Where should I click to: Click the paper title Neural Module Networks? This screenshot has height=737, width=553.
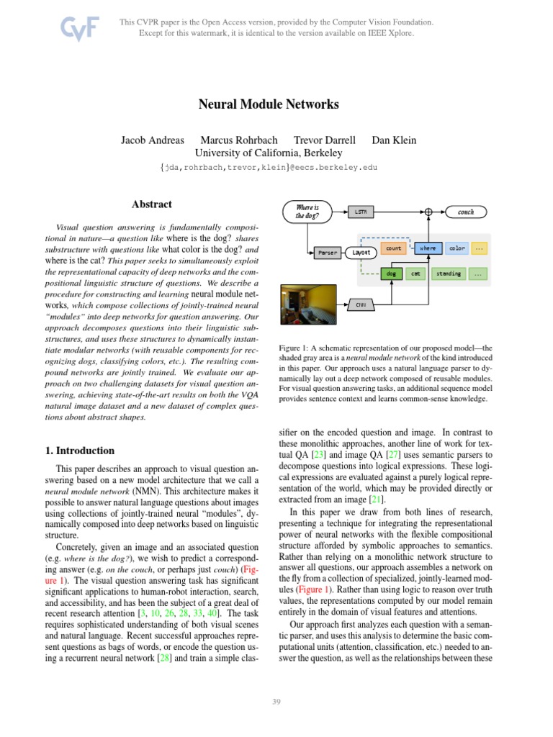(269, 104)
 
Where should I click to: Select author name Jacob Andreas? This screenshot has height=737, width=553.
(153, 140)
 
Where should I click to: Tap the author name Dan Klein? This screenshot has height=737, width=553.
(394, 140)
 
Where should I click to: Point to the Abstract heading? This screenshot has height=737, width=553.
(152, 204)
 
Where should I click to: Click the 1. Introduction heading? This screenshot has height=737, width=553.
(79, 451)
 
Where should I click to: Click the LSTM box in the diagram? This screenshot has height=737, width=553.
(361, 212)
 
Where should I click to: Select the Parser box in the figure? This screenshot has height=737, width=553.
(327, 253)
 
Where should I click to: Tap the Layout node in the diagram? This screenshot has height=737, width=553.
(361, 253)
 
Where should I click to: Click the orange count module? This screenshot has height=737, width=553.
(393, 248)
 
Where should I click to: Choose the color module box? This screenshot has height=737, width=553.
(457, 248)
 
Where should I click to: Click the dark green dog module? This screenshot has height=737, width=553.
(390, 273)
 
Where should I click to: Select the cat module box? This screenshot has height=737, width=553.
(415, 273)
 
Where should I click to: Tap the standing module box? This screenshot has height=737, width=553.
(448, 273)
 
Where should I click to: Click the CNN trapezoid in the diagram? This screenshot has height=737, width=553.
(361, 305)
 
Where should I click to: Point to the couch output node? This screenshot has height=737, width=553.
(465, 212)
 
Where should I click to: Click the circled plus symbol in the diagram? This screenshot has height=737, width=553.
(428, 212)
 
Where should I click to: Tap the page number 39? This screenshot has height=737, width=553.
(276, 702)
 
